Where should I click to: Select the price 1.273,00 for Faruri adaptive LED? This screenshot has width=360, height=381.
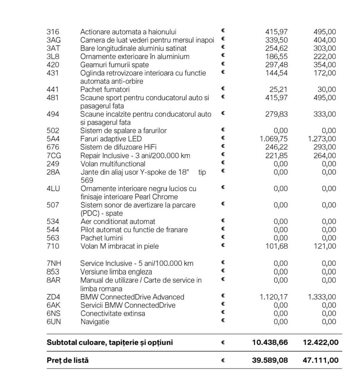322,139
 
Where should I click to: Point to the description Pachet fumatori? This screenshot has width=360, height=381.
105,90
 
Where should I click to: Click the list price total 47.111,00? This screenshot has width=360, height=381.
320,360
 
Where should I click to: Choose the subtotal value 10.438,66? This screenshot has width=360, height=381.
270,342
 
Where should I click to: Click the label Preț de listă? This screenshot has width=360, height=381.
68,360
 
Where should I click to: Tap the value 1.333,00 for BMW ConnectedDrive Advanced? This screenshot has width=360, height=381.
322,297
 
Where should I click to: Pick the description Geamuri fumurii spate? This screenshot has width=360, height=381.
115,65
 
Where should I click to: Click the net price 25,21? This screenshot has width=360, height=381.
279,90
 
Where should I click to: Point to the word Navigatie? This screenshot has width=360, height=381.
95,322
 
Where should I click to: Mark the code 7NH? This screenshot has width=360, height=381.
53,263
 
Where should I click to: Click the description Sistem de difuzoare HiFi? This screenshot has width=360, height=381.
118,147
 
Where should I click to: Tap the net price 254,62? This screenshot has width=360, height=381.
276,48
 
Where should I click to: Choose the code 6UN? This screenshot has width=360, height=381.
53,322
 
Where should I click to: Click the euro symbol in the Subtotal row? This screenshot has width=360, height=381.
223,342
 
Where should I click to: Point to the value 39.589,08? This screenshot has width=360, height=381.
270,360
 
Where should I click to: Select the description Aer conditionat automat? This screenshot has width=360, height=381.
118,222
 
